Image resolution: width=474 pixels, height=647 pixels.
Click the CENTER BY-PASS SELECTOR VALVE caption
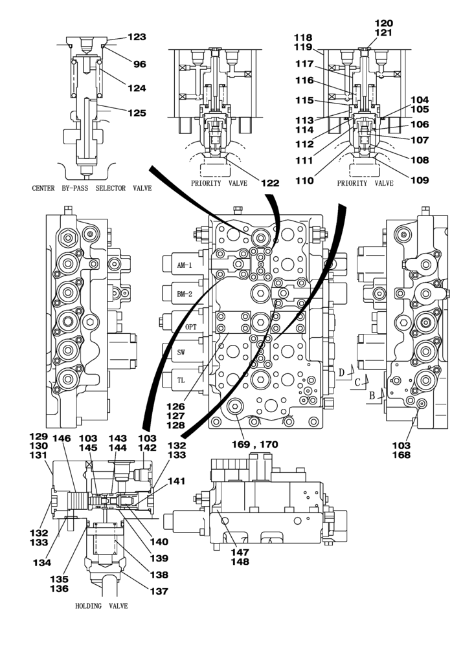[91, 188]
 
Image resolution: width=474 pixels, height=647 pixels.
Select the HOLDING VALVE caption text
[102, 606]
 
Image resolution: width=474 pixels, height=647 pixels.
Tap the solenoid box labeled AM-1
[185, 266]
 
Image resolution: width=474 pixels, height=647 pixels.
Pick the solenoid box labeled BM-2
[185, 294]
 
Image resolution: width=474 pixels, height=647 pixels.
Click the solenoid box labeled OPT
[190, 327]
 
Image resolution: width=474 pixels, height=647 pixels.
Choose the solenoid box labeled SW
[182, 353]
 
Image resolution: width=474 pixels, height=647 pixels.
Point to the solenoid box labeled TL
[182, 380]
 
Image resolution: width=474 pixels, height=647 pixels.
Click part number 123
[136, 38]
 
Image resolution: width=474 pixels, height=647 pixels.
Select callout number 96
[140, 64]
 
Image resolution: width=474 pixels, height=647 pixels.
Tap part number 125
[136, 113]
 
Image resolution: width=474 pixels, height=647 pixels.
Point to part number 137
[159, 591]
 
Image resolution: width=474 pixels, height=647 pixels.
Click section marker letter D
[341, 372]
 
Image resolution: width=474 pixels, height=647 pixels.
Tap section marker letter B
[372, 394]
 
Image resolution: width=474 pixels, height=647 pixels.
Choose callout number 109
[420, 181]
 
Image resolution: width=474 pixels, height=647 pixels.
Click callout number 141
[177, 481]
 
